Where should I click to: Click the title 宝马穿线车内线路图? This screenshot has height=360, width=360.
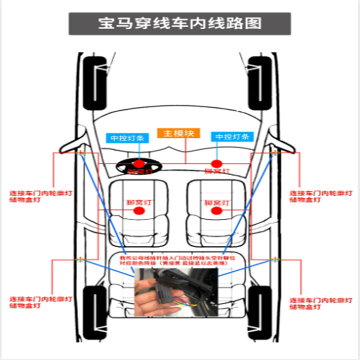click(x=180, y=24)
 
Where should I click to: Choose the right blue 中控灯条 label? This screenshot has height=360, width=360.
click(x=232, y=137)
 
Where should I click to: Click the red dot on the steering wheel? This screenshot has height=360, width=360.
click(x=139, y=164)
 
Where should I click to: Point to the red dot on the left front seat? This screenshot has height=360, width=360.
click(x=139, y=210)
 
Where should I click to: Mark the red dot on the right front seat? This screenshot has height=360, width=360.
click(x=216, y=210)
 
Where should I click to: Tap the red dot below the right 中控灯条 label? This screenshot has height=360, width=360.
click(x=217, y=164)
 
